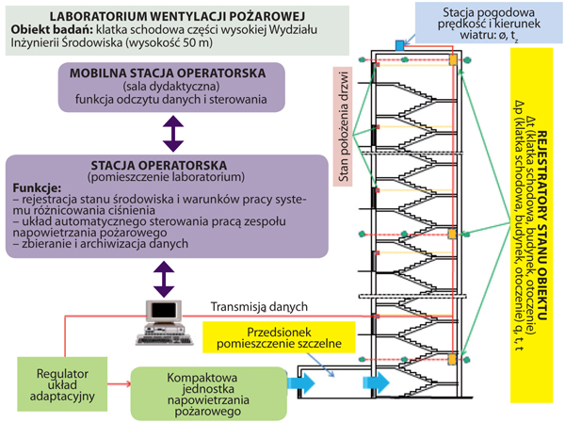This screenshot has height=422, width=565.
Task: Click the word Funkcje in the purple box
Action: click(x=39, y=187)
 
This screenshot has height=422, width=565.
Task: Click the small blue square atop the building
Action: click(x=399, y=44)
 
